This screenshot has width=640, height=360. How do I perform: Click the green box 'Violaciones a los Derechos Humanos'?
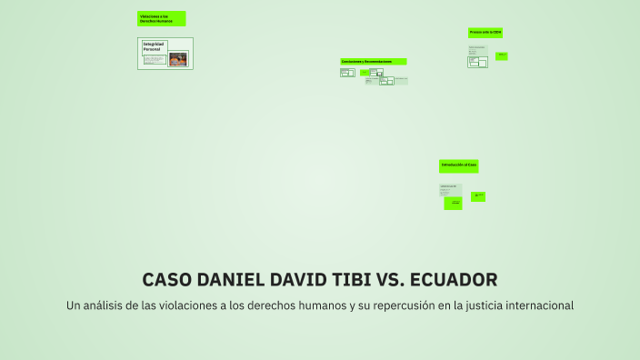(x=162, y=18)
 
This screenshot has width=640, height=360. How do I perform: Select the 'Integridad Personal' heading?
(x=154, y=45)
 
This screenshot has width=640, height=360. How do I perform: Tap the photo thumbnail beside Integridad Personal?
(x=178, y=60)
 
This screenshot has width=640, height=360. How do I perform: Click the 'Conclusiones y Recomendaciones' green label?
(x=373, y=62)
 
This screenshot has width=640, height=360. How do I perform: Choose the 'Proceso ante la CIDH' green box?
(x=485, y=33)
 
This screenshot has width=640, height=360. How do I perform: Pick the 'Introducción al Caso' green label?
(x=458, y=165)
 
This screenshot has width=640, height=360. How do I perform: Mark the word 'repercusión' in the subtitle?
(x=399, y=305)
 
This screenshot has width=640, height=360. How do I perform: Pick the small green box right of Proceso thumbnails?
(x=502, y=56)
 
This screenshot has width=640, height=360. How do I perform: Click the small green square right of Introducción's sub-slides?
(x=478, y=196)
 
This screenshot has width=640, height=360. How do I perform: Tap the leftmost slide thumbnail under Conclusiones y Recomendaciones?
(x=347, y=73)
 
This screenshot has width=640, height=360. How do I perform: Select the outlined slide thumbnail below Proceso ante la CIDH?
(x=478, y=62)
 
